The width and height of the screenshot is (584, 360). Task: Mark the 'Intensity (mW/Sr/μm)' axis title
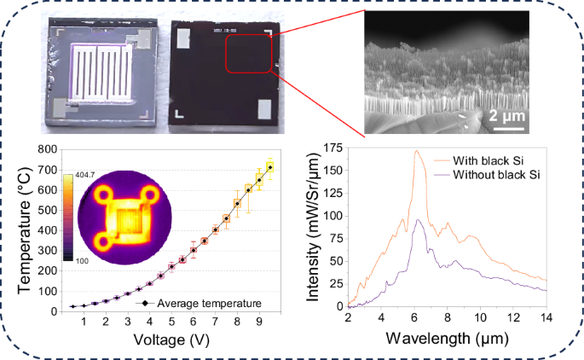[313, 228]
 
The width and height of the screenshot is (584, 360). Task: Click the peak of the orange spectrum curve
[416, 152]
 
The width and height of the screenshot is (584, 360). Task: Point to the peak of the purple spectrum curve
[419, 220]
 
